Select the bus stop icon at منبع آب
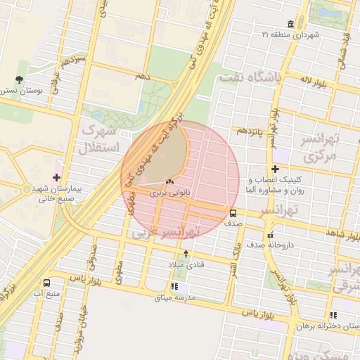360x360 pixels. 46,283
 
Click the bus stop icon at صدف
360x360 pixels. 233,213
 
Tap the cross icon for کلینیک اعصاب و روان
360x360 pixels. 275,169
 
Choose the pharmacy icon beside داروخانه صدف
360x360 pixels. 270,236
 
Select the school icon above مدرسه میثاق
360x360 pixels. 174,286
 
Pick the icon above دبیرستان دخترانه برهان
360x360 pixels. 333,315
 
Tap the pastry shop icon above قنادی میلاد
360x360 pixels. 186,253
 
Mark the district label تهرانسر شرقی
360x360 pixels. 345,278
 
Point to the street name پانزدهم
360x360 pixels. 250,131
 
